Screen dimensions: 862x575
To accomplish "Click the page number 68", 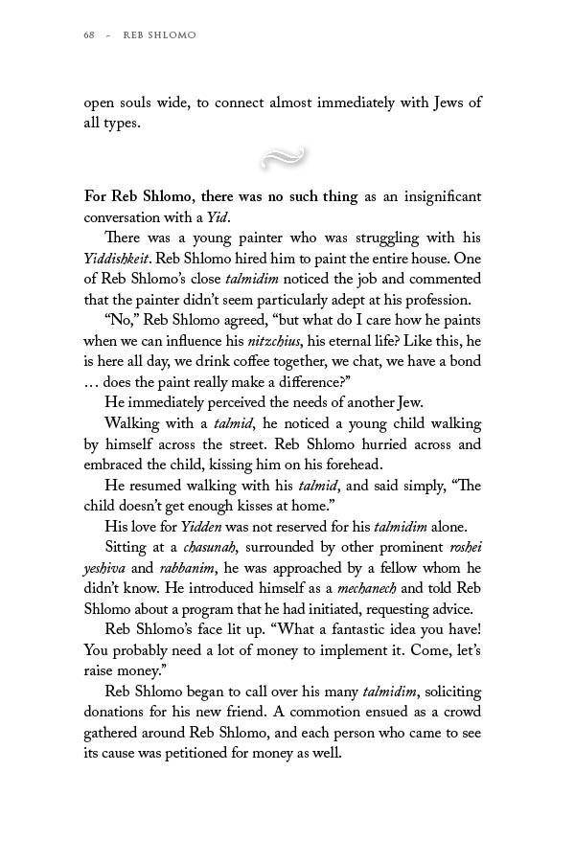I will [x=89, y=35].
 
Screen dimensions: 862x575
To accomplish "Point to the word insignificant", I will [x=436, y=197].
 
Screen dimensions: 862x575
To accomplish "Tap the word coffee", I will [x=250, y=362].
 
